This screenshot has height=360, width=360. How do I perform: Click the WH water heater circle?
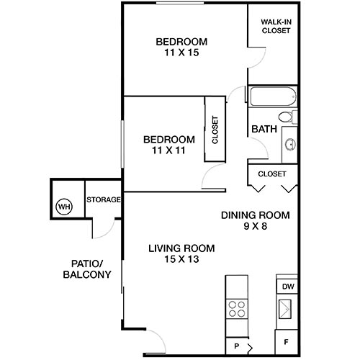pyautogui.click(x=63, y=207)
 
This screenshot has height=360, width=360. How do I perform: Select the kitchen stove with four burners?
pyautogui.click(x=237, y=310)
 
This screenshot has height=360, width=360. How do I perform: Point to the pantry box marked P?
pyautogui.click(x=237, y=346)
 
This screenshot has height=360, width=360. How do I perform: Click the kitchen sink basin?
pyautogui.click(x=287, y=311)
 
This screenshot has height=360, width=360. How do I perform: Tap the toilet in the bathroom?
pyautogui.click(x=285, y=117)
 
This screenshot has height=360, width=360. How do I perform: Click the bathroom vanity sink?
pyautogui.click(x=290, y=144)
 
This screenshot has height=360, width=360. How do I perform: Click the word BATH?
pyautogui.click(x=264, y=130)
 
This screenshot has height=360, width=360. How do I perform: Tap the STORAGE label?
pyautogui.click(x=103, y=199)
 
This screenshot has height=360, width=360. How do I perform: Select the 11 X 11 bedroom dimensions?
pyautogui.click(x=168, y=152)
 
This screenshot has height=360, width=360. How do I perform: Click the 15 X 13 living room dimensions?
pyautogui.click(x=181, y=261)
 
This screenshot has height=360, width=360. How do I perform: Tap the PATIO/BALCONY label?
pyautogui.click(x=90, y=269)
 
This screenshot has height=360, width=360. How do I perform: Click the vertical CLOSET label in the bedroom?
pyautogui.click(x=215, y=130)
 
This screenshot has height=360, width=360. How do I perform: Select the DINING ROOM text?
pyautogui.click(x=255, y=215)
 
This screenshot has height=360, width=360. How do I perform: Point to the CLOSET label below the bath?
pyautogui.click(x=272, y=174)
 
